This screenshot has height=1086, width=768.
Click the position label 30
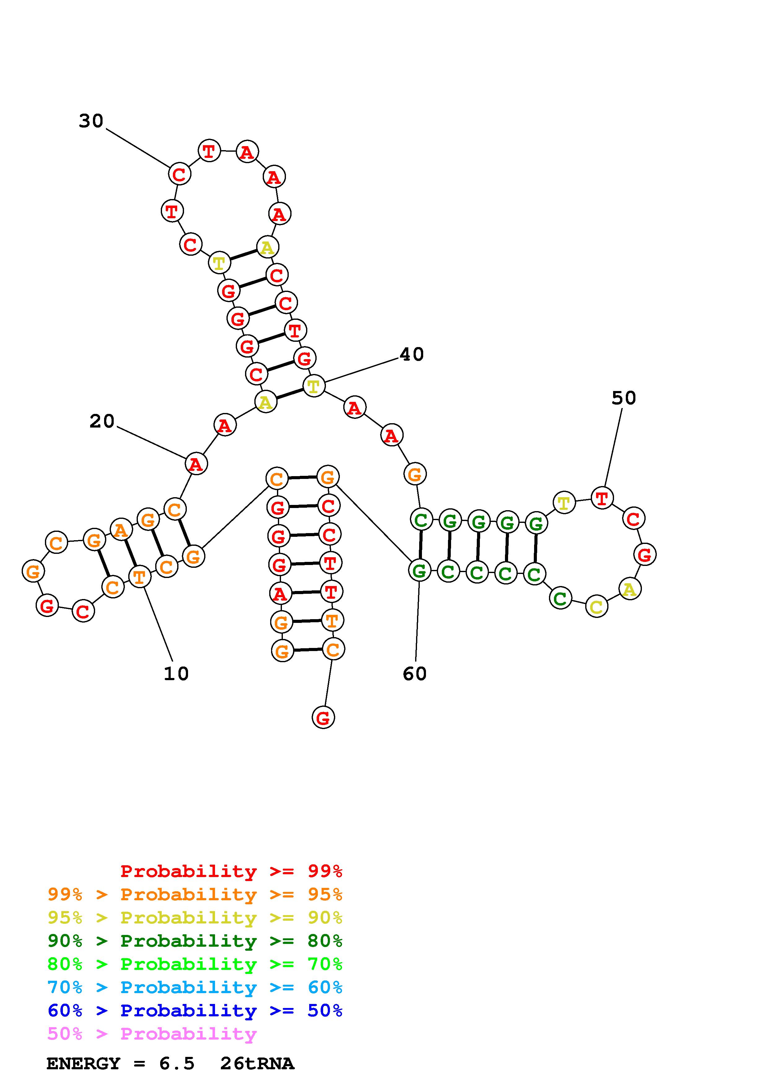pos(91,121)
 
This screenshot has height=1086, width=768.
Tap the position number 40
pos(411,354)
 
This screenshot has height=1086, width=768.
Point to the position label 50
pos(623,398)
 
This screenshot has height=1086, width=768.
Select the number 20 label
pos(102,421)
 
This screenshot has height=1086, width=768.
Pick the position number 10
pos(176,674)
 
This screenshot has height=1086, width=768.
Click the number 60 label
pos(415,674)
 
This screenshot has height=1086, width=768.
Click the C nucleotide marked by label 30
pos(179,174)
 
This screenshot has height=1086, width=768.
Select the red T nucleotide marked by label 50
pos(602,498)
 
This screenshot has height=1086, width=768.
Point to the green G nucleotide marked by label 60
pos(419,571)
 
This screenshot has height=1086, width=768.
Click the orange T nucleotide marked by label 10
pos(140,576)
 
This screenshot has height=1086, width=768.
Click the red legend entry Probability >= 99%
pos(231,871)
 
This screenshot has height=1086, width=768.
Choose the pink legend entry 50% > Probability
pos(152,1034)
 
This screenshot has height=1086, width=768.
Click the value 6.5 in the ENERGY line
pos(177,1064)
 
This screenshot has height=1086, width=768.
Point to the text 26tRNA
pos(257,1064)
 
